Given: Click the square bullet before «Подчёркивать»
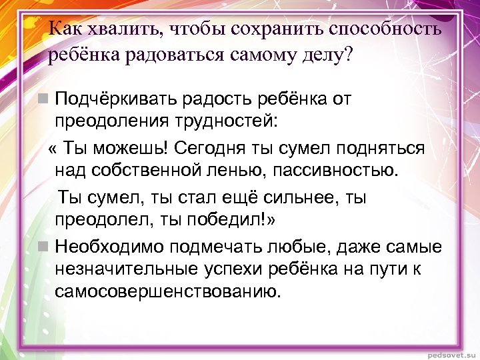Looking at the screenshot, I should pyautogui.click(x=43, y=99).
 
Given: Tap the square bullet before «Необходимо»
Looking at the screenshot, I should pyautogui.click(x=43, y=247).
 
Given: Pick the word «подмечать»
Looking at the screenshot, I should pyautogui.click(x=222, y=247).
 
